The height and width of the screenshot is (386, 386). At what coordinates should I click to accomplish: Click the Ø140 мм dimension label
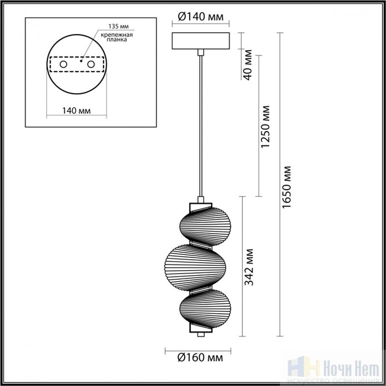(201, 17)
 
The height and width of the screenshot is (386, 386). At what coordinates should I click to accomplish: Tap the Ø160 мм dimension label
(200, 358)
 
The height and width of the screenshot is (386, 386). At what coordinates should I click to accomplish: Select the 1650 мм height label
(287, 187)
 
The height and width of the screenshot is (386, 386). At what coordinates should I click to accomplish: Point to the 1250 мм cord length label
(265, 127)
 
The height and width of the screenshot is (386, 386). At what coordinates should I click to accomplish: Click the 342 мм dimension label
(248, 267)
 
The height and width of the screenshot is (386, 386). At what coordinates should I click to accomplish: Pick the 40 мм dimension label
(248, 65)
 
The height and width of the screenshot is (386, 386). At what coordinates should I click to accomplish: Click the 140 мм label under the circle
(76, 111)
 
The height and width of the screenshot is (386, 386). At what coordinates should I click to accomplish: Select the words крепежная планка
(117, 37)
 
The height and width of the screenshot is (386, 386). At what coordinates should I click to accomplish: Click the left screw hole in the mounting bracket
(63, 65)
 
